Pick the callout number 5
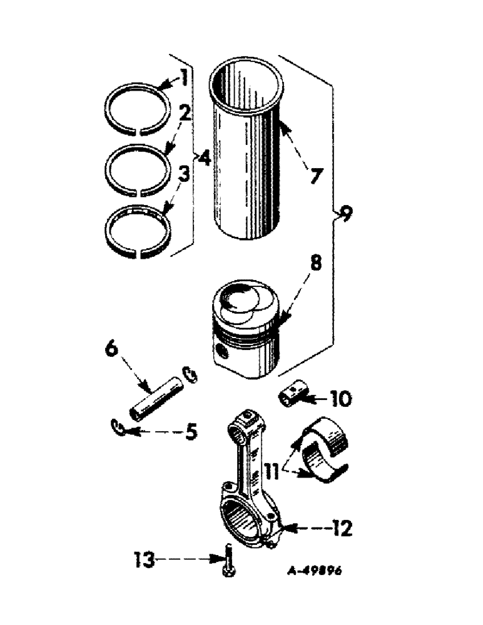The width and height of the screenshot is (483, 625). click(x=190, y=431)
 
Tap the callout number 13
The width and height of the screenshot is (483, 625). click(x=145, y=559)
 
